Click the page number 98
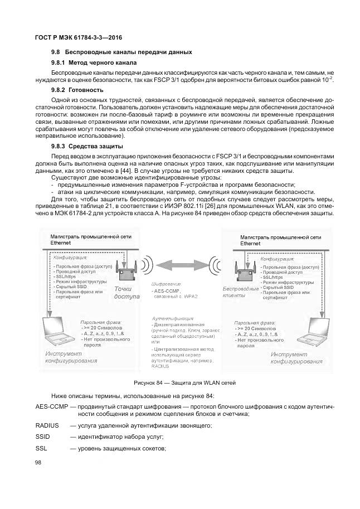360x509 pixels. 38,463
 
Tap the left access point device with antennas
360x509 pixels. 127,271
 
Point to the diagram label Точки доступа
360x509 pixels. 127,293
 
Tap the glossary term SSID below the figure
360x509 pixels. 42,437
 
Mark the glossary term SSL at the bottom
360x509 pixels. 41,449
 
